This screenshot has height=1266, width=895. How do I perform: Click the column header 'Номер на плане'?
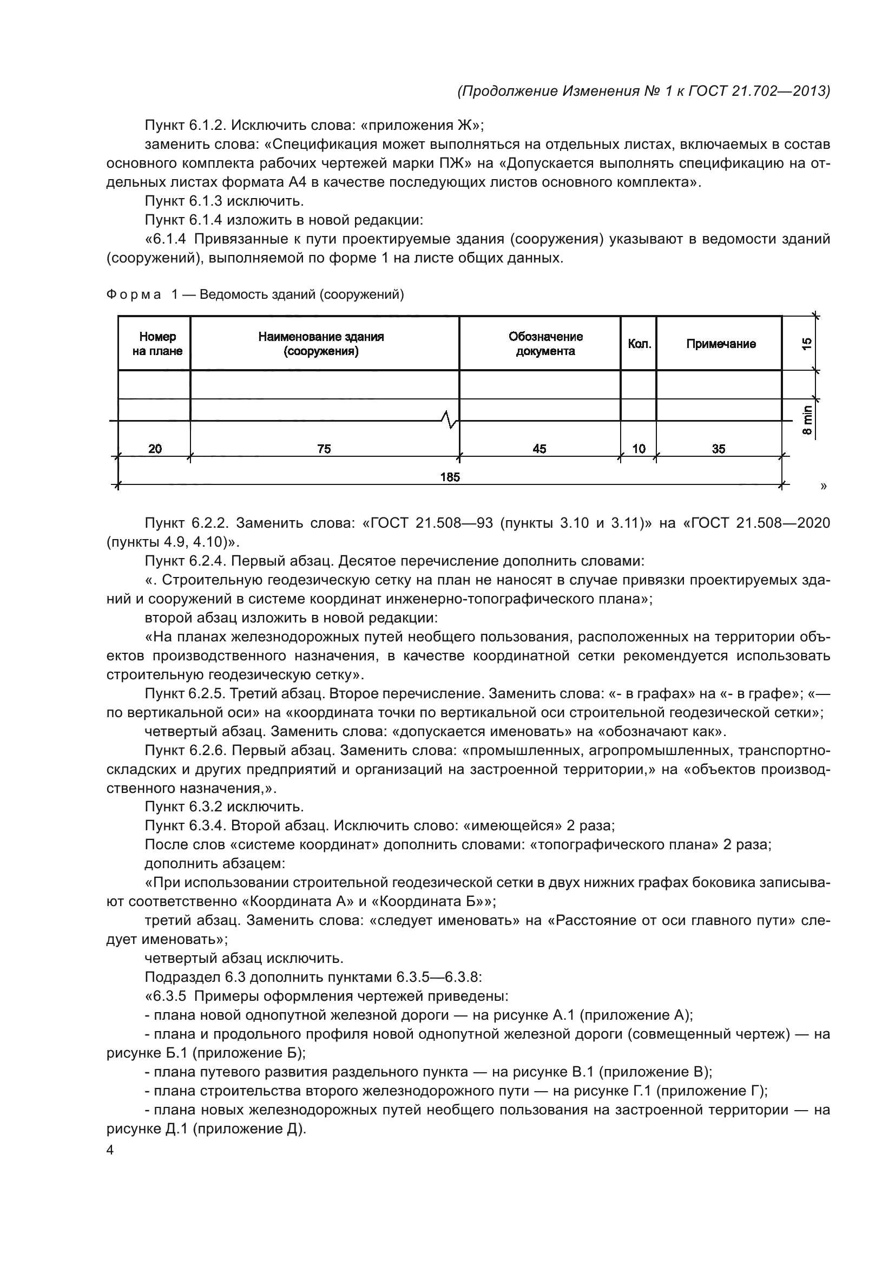pyautogui.click(x=157, y=344)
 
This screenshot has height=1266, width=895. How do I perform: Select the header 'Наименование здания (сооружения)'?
pyautogui.click(x=321, y=344)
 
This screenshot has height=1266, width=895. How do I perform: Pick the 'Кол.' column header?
pyautogui.click(x=639, y=344)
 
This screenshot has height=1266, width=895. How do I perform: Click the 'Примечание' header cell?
pyautogui.click(x=720, y=344)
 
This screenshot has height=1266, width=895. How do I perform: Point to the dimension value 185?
pyautogui.click(x=450, y=477)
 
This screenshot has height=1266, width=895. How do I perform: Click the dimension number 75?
pyautogui.click(x=324, y=449)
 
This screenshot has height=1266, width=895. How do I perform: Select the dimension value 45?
pyautogui.click(x=539, y=449)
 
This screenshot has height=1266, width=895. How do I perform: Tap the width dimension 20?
pyautogui.click(x=155, y=449)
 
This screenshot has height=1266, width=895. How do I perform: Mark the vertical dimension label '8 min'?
pyautogui.click(x=807, y=421)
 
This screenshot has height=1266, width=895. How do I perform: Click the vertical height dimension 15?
pyautogui.click(x=807, y=344)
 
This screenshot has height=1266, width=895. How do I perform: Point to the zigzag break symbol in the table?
pyautogui.click(x=450, y=420)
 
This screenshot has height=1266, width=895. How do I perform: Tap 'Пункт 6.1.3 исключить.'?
pyautogui.click(x=225, y=201)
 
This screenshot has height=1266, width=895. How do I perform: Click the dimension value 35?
pyautogui.click(x=719, y=449)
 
